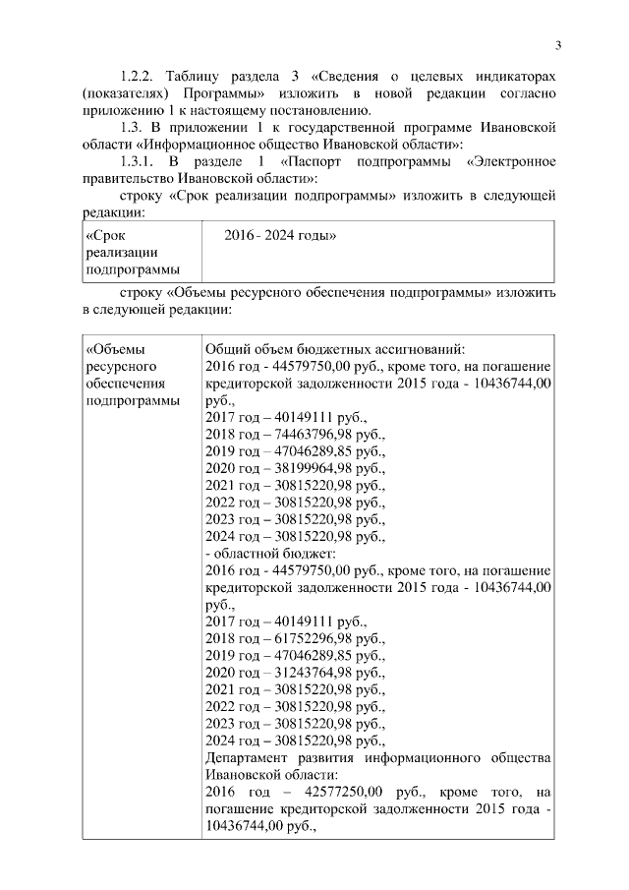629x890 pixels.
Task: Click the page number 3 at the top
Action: point(557,45)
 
